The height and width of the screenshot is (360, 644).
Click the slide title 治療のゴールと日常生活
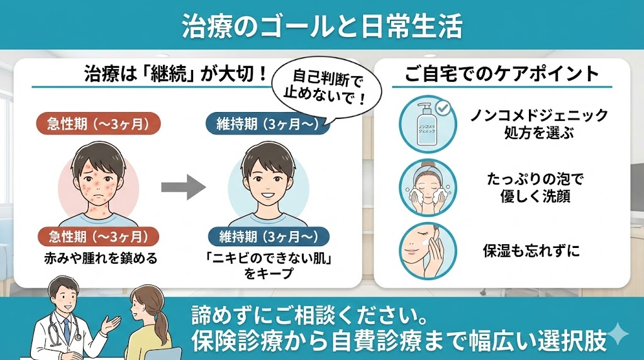pos(322,25)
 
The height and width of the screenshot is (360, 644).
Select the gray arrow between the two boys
pos(183,188)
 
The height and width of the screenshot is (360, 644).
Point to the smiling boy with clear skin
pos(269,183)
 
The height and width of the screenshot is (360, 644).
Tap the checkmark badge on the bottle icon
pos(443,108)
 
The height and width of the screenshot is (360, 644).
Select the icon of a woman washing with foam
pos(428,188)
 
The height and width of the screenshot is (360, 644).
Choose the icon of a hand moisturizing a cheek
pos(428,251)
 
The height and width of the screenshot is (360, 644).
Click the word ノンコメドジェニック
pos(539,115)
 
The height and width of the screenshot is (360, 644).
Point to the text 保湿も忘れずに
pos(531,250)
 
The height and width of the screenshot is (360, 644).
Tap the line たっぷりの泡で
pos(535,179)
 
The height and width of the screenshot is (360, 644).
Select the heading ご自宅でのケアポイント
pos(502,74)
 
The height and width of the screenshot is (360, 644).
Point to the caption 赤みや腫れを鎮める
pos(101,258)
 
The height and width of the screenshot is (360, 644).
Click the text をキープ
pos(269,274)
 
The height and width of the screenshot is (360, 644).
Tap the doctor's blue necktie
pos(66,331)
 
